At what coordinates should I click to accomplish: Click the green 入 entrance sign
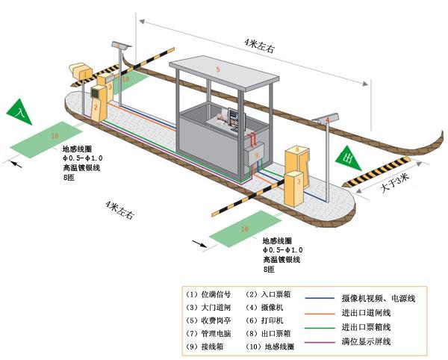20,113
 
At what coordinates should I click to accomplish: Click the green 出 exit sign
346,158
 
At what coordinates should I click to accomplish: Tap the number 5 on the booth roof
217,69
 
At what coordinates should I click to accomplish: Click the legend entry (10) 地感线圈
270,347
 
